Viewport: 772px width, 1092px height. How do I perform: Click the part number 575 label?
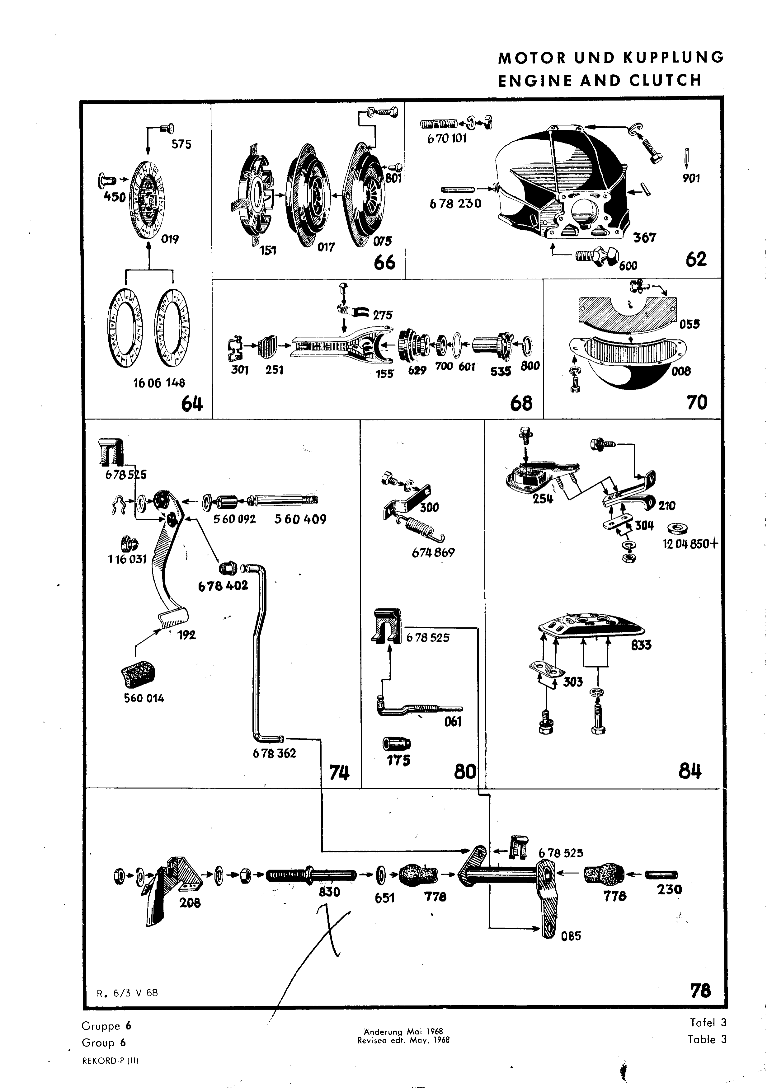point(181,144)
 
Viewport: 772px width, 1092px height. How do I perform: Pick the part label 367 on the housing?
point(644,237)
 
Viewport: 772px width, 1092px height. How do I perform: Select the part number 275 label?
point(383,315)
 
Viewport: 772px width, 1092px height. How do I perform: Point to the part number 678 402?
point(223,585)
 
